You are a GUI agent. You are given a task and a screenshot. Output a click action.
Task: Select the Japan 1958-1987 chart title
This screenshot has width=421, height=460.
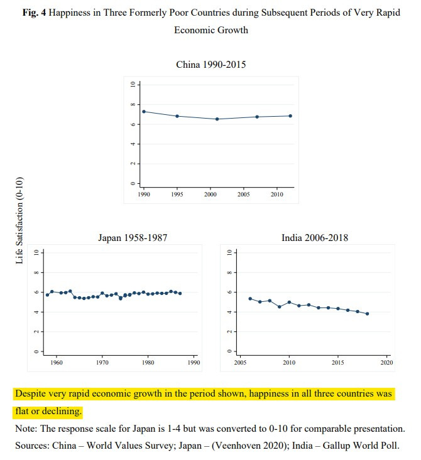pos(132,238)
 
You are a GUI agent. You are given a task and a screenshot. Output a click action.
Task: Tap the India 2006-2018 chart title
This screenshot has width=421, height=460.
pos(315,238)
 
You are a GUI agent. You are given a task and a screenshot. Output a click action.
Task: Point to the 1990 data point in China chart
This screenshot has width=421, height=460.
pos(144,112)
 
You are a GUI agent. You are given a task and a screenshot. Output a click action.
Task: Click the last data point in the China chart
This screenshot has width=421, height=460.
pos(291,115)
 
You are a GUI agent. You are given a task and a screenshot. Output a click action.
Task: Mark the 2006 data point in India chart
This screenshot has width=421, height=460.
pos(250,299)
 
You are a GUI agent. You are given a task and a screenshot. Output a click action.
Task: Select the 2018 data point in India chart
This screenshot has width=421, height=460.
pos(367,314)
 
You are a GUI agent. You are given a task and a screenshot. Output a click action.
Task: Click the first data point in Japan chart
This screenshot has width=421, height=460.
pos(47,295)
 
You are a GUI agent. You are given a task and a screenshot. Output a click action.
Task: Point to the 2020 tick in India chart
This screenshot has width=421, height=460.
pos(386,362)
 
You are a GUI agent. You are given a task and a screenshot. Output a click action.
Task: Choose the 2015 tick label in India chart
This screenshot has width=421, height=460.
pos(337,362)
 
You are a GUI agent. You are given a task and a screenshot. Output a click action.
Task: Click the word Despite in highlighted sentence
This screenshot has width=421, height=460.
pos(32,394)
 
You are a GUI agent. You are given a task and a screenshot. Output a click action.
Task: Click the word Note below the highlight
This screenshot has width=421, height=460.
pos(26,429)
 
